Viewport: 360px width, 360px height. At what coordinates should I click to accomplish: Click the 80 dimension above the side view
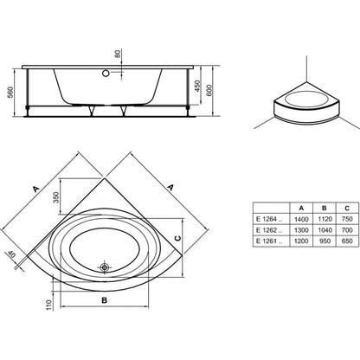(x=118, y=54)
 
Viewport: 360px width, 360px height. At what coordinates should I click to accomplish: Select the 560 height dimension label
(x=10, y=93)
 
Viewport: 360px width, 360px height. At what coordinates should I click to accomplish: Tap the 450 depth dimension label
(x=197, y=86)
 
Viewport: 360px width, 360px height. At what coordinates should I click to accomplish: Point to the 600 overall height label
(x=209, y=90)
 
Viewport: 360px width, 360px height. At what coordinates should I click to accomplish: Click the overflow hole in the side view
(x=106, y=73)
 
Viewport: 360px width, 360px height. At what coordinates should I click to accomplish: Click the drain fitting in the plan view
(x=105, y=267)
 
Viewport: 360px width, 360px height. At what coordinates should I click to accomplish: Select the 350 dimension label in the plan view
(x=56, y=197)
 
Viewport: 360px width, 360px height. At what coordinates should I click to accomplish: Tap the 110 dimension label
(x=48, y=305)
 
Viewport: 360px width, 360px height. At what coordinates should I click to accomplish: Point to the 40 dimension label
(x=11, y=254)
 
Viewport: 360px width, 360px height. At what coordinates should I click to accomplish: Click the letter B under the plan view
(x=105, y=300)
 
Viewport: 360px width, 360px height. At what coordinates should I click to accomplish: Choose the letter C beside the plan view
(x=178, y=238)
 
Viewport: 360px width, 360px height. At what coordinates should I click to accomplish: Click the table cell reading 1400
(x=301, y=219)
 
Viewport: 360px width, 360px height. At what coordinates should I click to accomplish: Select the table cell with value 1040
(x=325, y=230)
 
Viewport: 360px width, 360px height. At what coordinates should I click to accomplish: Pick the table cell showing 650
(x=347, y=241)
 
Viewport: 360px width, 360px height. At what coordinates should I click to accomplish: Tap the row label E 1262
(x=267, y=230)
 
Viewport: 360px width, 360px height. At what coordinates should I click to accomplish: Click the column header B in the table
(x=325, y=208)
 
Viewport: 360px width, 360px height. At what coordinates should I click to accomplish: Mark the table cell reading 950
(x=325, y=241)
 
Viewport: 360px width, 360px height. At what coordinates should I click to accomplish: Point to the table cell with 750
(x=347, y=219)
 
